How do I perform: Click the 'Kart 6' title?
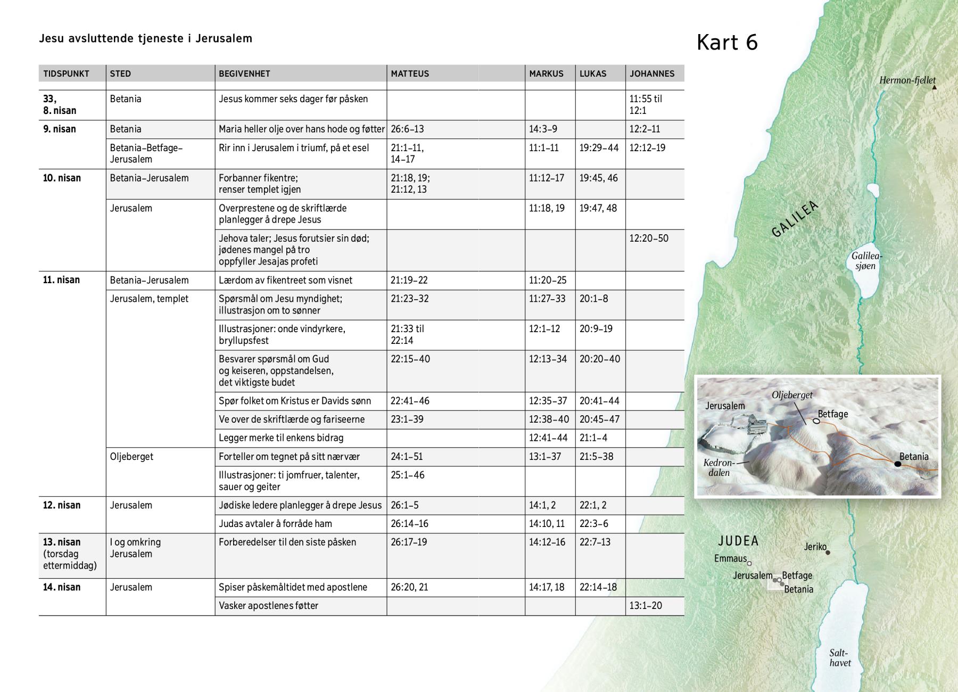click(x=727, y=43)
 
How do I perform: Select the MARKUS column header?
click(x=546, y=74)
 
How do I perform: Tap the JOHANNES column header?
click(x=652, y=74)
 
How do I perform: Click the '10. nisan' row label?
click(x=62, y=178)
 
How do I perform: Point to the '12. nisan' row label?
click(x=62, y=505)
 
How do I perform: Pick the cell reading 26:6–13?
click(x=407, y=129)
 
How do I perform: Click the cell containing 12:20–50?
click(x=649, y=238)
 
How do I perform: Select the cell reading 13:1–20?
click(x=646, y=606)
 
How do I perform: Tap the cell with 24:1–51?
click(x=407, y=457)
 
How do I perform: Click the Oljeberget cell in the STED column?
click(x=131, y=457)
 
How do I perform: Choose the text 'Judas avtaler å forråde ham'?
click(x=275, y=524)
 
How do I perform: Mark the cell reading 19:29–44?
click(x=599, y=148)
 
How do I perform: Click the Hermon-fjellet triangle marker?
click(x=934, y=87)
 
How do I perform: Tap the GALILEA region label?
click(x=795, y=219)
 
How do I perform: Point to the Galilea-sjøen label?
click(x=866, y=261)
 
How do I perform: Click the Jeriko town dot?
click(x=828, y=553)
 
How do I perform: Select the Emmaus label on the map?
click(x=730, y=558)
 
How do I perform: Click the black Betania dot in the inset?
click(x=897, y=464)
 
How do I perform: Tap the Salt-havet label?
click(x=839, y=658)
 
